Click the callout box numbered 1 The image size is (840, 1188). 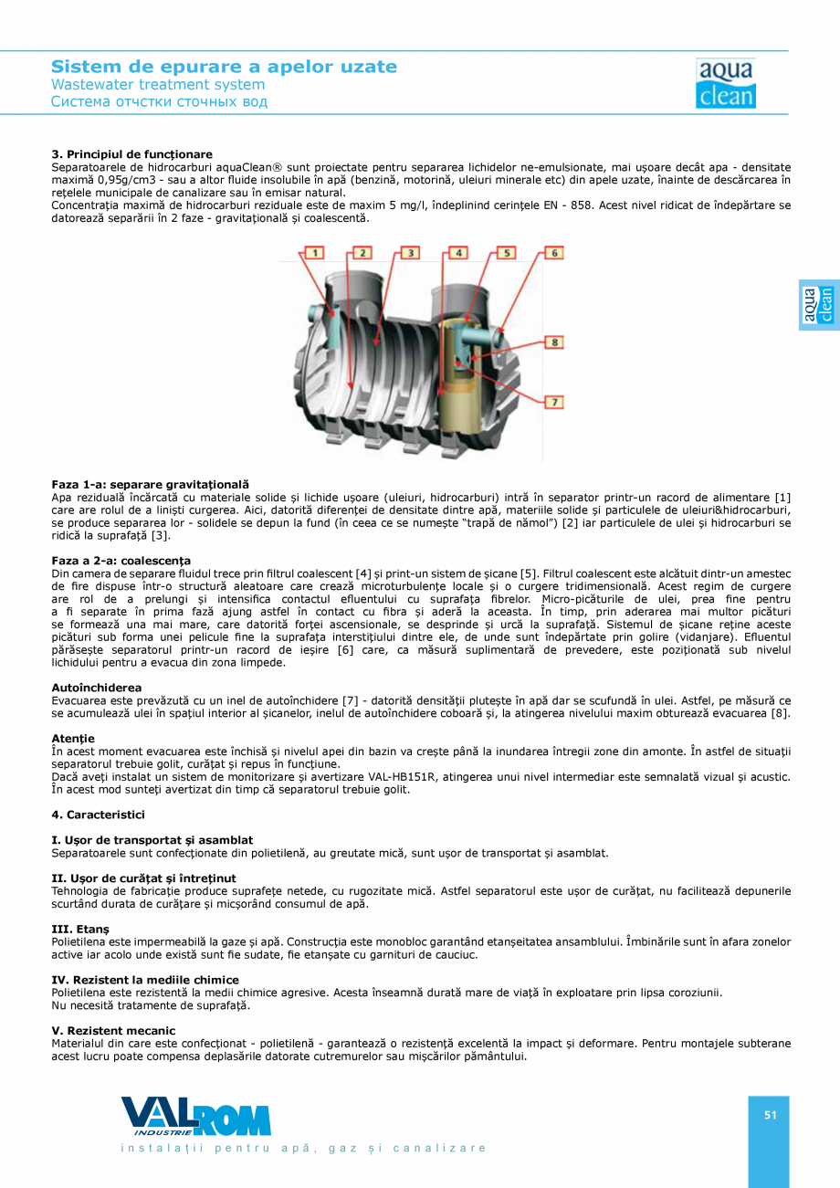tap(314, 252)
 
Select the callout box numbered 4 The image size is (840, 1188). tap(457, 252)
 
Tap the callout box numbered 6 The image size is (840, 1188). tap(553, 252)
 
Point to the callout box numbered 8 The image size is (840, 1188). tap(553, 342)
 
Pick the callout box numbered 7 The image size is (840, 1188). tap(553, 402)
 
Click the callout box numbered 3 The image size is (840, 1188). tap(409, 252)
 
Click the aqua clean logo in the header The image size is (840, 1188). tap(725, 84)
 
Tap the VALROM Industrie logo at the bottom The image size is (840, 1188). tap(195, 1116)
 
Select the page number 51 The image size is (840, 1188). tap(770, 1114)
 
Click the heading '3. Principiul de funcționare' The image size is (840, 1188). tap(131, 154)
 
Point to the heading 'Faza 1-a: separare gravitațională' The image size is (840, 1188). tap(150, 484)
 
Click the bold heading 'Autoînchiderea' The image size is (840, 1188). tap(96, 687)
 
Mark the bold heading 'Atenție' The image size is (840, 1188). tap(73, 738)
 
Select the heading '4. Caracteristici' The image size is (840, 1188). tap(98, 814)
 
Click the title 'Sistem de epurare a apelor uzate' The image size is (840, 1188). tap(224, 67)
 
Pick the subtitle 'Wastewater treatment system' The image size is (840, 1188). tap(158, 85)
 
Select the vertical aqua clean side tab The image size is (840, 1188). tap(818, 305)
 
